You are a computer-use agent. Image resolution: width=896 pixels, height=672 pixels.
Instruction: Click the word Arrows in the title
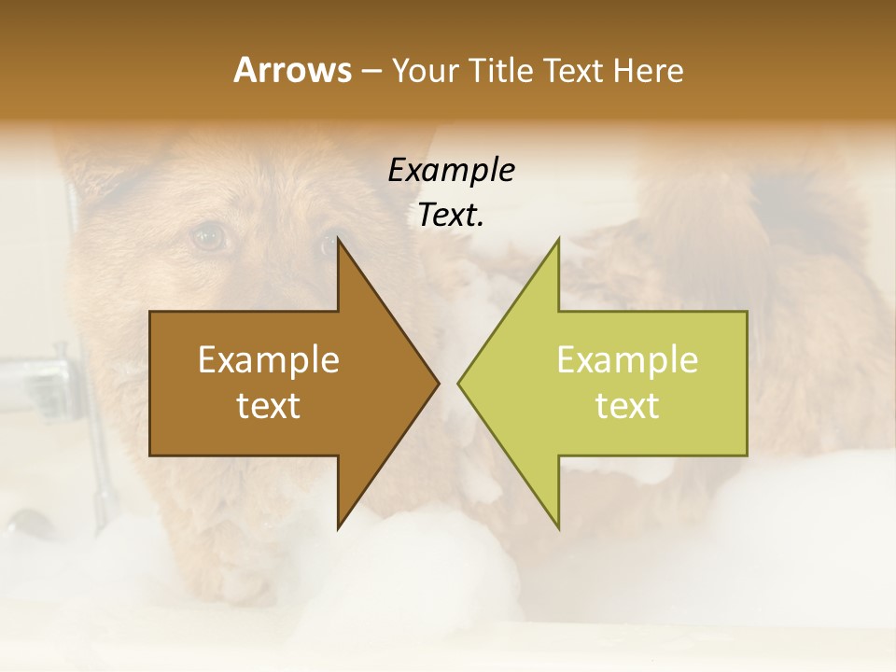291,70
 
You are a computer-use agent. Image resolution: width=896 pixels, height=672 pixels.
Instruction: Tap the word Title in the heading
503,70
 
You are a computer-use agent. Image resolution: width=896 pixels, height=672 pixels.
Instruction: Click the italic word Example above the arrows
451,170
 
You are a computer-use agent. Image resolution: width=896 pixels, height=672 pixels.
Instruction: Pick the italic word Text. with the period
451,215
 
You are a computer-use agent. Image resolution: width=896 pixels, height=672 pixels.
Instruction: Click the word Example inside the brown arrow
269,359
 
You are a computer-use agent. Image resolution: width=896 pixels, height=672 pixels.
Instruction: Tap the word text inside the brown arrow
269,406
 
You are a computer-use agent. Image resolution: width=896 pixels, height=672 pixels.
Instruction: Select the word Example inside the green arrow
627,359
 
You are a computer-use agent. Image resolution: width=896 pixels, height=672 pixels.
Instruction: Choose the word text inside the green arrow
627,406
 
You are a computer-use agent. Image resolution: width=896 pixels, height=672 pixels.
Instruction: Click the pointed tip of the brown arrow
438,383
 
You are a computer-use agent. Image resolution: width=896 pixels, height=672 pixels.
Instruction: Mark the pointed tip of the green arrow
459,383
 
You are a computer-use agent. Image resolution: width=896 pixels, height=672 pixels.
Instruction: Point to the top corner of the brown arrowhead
338,239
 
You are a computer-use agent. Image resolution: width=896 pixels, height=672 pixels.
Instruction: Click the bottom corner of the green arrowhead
558,527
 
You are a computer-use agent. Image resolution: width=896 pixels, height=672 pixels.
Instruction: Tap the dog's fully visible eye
210,237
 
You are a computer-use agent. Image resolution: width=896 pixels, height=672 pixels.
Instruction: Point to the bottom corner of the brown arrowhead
338,527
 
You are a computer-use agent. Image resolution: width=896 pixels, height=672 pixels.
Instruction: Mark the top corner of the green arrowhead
558,239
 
